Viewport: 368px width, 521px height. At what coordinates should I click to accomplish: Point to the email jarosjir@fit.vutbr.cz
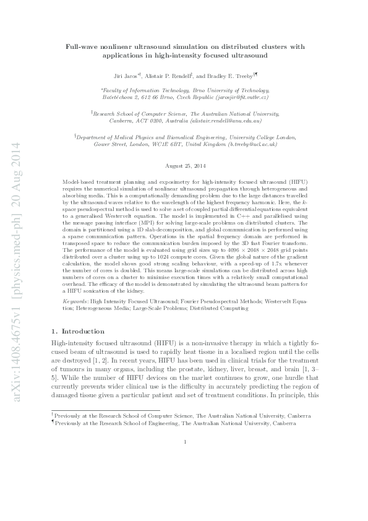(x=246, y=98)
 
